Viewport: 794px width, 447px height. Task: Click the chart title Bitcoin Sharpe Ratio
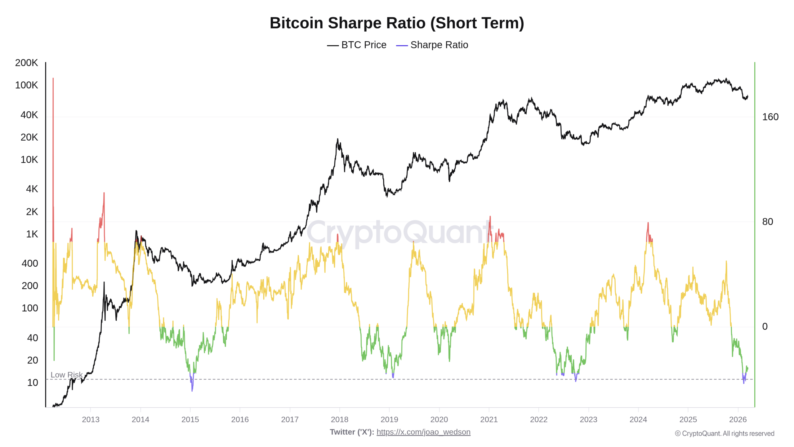click(397, 23)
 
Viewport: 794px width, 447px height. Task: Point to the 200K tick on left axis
click(26, 63)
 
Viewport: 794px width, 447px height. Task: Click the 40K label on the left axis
click(29, 115)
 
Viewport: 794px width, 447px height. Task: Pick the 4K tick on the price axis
click(32, 189)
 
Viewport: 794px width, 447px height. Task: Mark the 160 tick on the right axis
click(770, 117)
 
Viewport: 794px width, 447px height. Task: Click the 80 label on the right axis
click(767, 222)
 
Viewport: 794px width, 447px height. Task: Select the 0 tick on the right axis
click(765, 327)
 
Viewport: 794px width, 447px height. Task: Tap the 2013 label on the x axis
click(91, 419)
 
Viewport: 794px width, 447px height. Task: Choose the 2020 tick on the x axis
click(439, 419)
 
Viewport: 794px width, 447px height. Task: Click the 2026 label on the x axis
click(738, 419)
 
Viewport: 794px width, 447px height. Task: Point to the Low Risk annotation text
click(66, 375)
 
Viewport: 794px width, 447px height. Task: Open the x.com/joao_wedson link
click(423, 432)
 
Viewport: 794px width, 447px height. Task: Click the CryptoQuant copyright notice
click(725, 433)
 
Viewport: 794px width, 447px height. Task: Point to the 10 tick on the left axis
click(32, 382)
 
